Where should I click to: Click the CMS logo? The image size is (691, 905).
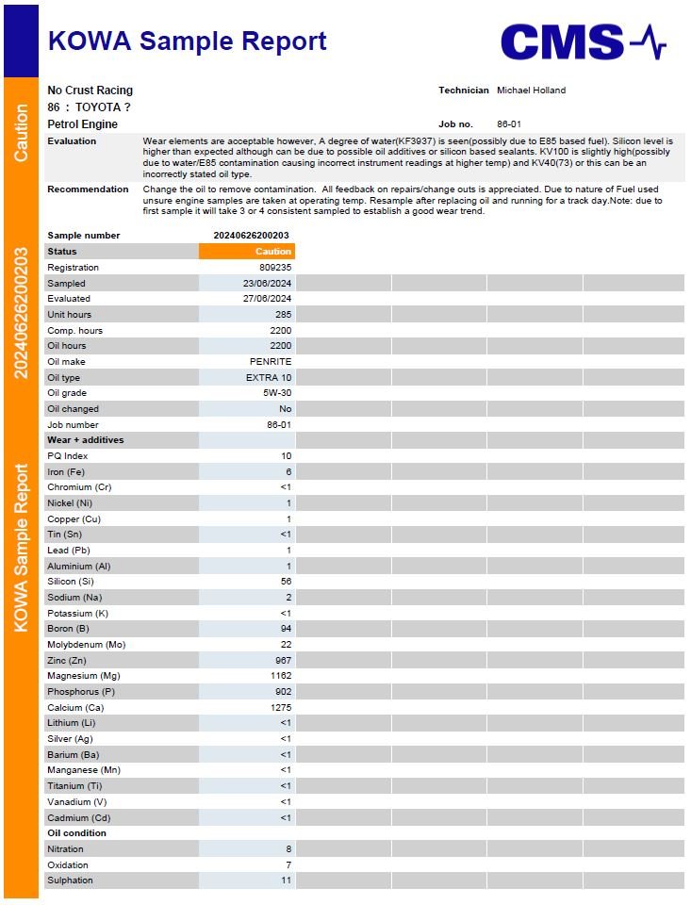tap(583, 42)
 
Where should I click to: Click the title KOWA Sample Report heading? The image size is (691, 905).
tap(187, 41)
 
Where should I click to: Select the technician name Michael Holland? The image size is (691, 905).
tap(531, 90)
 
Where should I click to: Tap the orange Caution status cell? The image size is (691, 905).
tap(247, 252)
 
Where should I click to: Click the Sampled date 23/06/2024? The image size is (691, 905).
tap(267, 284)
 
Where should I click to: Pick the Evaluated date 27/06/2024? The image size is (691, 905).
tap(267, 299)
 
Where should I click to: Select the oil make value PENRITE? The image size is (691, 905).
tap(271, 362)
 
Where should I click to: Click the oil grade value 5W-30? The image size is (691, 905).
tap(277, 393)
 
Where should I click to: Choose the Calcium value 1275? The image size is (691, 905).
tap(280, 707)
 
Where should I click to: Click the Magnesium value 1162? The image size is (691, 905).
tap(280, 676)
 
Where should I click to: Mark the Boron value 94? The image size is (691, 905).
tap(286, 629)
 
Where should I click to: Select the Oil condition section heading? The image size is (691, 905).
tap(77, 833)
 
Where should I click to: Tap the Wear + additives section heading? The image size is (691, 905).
tap(86, 440)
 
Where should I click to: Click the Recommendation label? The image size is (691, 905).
tap(88, 189)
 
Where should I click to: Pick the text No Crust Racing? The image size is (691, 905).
tap(90, 90)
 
